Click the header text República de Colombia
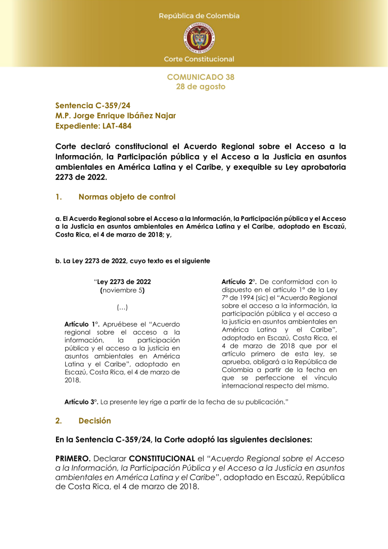click(199, 16)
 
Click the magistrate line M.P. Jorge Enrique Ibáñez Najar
click(116, 116)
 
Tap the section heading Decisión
click(95, 421)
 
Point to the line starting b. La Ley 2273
click(132, 261)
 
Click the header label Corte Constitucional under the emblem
click(199, 59)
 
